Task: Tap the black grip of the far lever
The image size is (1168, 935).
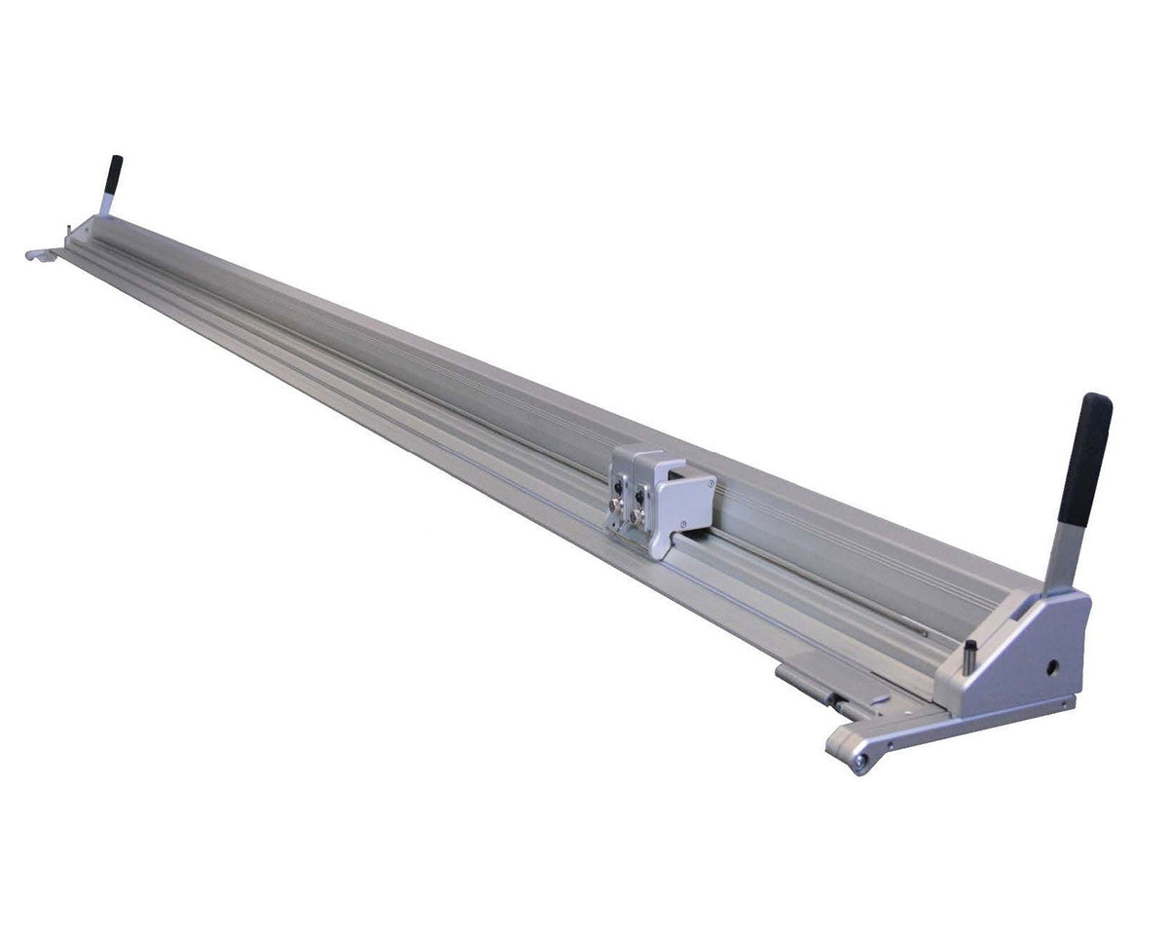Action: (x=114, y=173)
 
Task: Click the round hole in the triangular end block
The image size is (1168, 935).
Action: (x=1052, y=669)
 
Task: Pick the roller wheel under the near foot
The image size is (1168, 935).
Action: (x=858, y=760)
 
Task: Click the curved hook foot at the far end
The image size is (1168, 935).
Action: (x=37, y=255)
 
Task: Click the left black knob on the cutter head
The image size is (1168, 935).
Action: (x=618, y=488)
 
